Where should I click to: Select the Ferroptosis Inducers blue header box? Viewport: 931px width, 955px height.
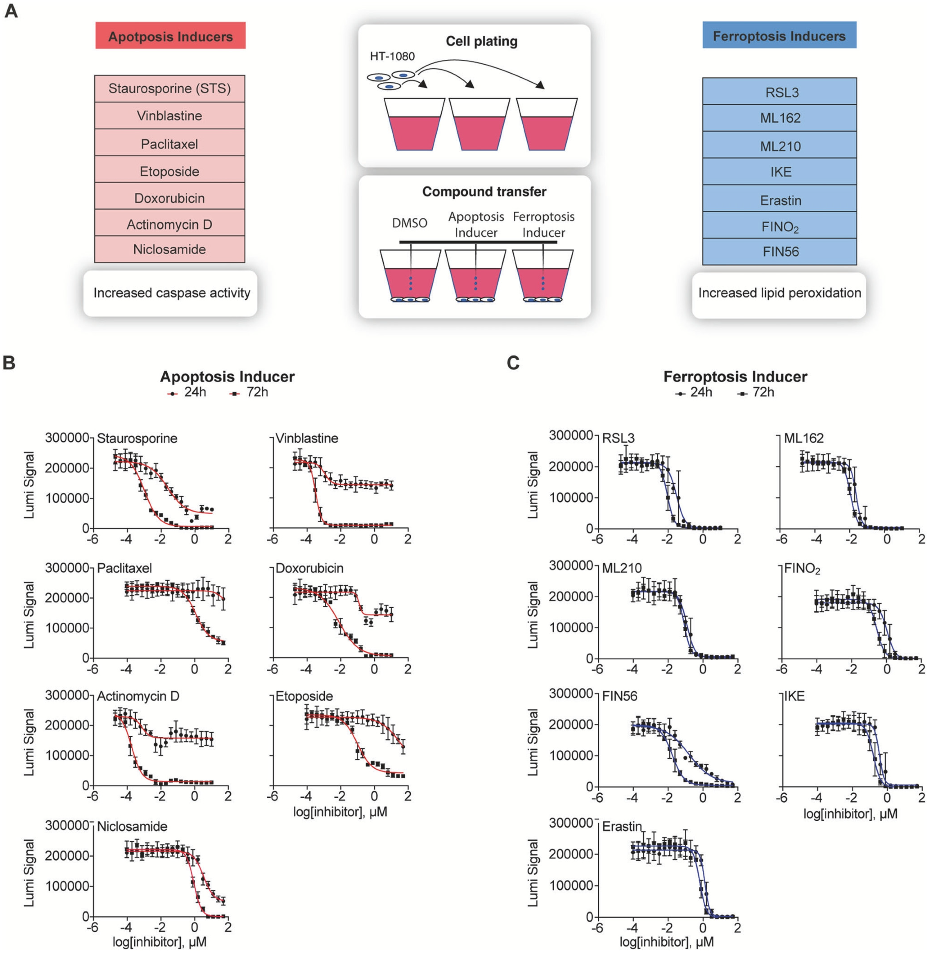pos(779,35)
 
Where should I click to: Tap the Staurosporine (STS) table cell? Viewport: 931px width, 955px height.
pos(169,88)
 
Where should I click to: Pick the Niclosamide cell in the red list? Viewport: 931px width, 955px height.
pos(169,249)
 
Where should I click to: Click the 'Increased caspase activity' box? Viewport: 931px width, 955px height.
pos(171,293)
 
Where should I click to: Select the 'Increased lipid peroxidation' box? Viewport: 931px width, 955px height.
pos(779,293)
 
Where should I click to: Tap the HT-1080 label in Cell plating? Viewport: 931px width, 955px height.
pos(392,56)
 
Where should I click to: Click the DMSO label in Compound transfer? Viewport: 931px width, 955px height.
pos(409,223)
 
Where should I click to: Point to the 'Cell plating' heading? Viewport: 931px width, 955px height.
pos(481,41)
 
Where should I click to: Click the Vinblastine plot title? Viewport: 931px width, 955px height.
pos(307,438)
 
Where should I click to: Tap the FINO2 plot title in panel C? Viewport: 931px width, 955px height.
pos(802,569)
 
